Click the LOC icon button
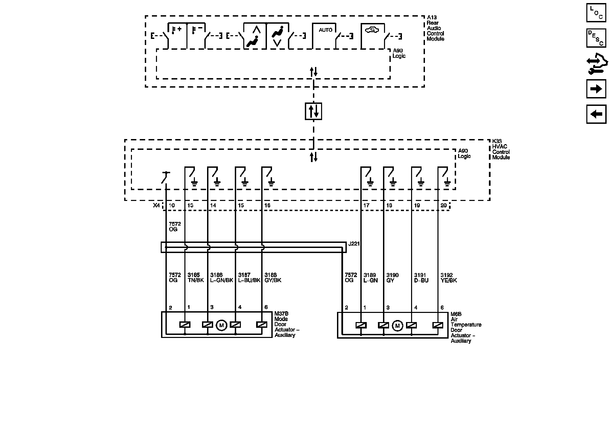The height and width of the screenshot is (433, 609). click(x=596, y=13)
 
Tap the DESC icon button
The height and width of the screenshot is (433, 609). click(x=596, y=38)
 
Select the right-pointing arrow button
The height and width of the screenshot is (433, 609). click(x=596, y=89)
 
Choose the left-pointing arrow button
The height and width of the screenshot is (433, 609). click(x=596, y=114)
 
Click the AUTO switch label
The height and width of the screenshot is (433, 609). click(x=325, y=30)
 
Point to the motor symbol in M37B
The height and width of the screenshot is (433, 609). click(x=221, y=325)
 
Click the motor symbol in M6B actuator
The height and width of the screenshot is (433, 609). click(x=397, y=326)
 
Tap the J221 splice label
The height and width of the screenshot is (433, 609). click(x=354, y=244)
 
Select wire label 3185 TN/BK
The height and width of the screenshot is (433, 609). click(x=196, y=278)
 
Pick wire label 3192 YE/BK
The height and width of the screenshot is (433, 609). click(x=449, y=278)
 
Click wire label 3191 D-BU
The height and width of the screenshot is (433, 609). click(x=421, y=278)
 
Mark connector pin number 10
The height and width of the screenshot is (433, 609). click(x=172, y=206)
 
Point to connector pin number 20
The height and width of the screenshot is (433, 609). click(x=444, y=206)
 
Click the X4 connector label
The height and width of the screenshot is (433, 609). click(x=156, y=205)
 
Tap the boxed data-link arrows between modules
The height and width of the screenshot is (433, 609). click(x=313, y=111)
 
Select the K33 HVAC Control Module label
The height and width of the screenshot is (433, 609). click(x=501, y=149)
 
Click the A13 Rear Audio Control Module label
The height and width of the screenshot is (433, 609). click(x=435, y=28)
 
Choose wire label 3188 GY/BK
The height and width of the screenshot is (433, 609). click(x=273, y=278)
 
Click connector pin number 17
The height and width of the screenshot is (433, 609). click(x=366, y=206)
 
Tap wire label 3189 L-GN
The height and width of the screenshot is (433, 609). click(x=370, y=278)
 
